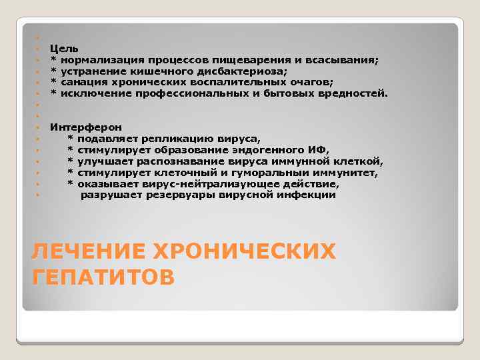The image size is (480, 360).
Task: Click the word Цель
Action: [x=64, y=48]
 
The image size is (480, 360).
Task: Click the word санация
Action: [x=85, y=82]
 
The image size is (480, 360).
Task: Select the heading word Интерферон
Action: [x=86, y=127]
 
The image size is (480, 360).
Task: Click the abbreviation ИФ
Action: [x=318, y=149]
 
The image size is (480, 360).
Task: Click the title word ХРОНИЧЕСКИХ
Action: [x=243, y=251]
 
